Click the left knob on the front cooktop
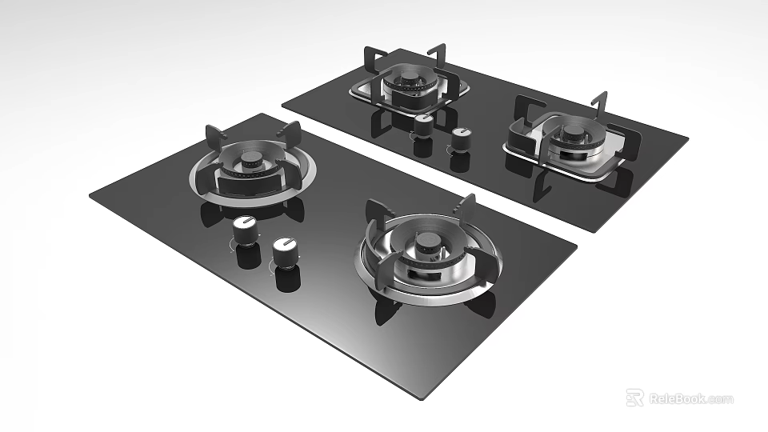click(x=244, y=233)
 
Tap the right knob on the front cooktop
click(x=284, y=252)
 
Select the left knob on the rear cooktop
click(x=422, y=125)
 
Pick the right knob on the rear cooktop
click(x=460, y=138)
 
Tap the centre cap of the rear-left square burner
click(x=409, y=77)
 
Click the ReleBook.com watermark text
click(x=690, y=398)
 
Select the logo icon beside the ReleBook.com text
click(x=634, y=398)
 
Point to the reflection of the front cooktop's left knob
click(x=247, y=255)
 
